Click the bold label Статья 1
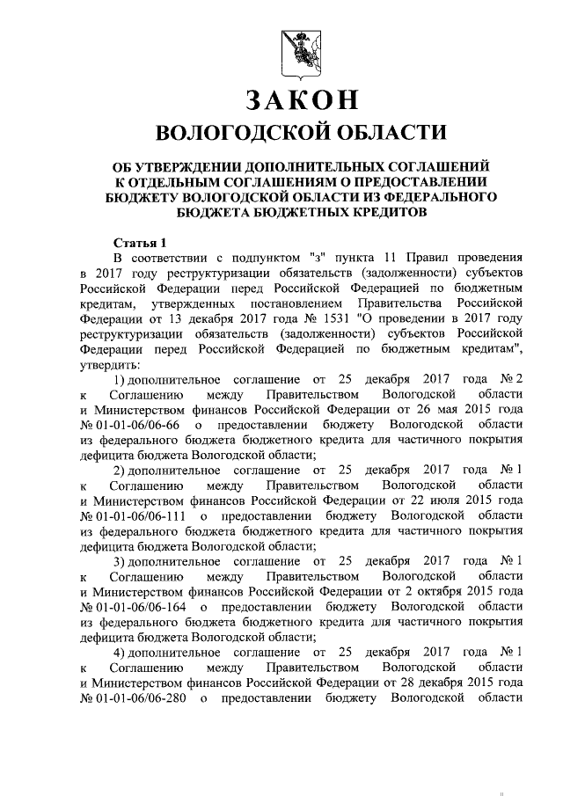tap(140, 242)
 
